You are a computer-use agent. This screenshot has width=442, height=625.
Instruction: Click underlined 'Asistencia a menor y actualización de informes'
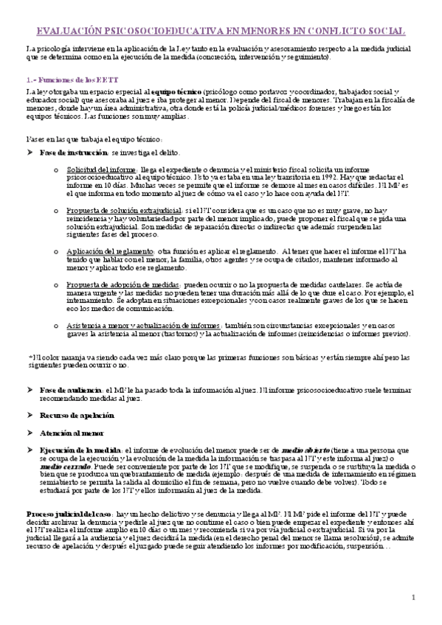(144, 325)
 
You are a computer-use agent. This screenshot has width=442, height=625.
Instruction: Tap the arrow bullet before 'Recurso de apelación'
(30, 416)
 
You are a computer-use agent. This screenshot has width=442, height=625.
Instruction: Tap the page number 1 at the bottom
(414, 596)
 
